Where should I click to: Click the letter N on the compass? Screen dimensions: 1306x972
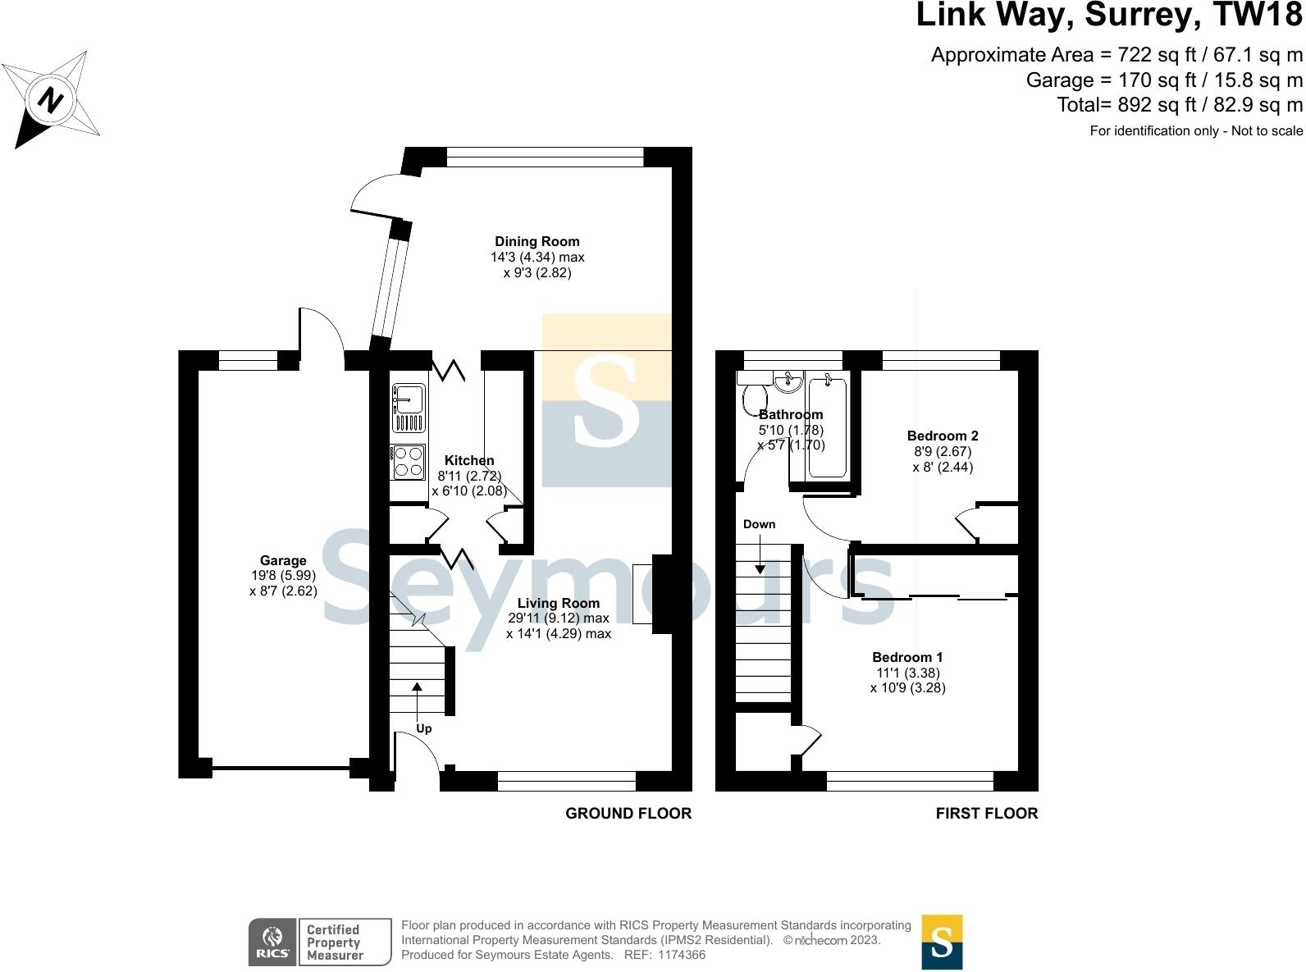[x=50, y=99]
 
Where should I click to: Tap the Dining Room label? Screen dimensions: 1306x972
[x=537, y=241]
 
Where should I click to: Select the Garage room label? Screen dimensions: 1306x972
[x=283, y=560]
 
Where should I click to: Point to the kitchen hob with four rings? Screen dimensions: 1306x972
[x=408, y=462]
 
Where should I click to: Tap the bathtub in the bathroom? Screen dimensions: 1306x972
[x=827, y=427]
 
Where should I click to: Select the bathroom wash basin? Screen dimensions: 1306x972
[x=788, y=381]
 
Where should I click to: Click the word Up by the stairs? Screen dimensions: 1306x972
[x=424, y=729]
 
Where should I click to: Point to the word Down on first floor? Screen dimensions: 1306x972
[x=759, y=524]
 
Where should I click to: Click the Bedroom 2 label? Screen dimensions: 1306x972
[x=943, y=436]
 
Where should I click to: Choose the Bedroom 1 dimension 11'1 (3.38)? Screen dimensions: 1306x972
[x=908, y=673]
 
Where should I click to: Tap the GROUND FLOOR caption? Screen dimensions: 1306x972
[x=628, y=813]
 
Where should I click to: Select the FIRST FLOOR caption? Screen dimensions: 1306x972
[x=987, y=813]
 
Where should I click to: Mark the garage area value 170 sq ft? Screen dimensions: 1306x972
[x=1158, y=80]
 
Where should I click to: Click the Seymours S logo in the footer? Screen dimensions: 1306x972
[x=942, y=942]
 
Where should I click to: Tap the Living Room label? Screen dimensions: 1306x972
[x=558, y=603]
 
